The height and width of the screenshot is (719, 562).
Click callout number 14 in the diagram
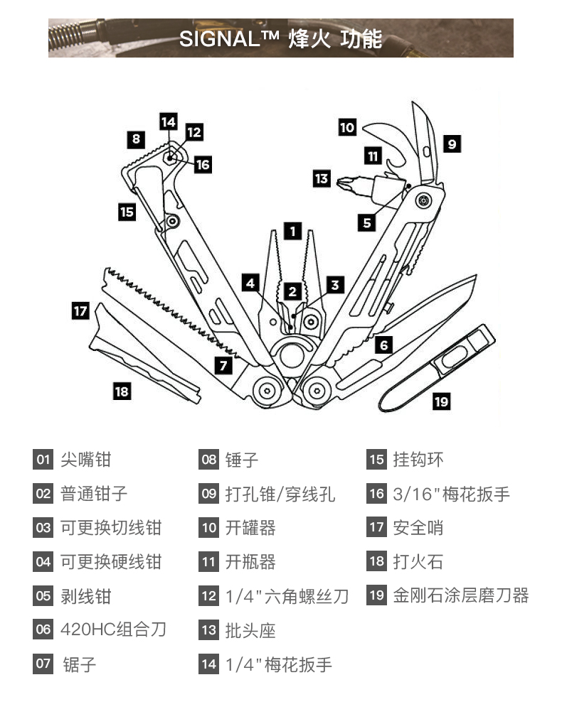pos(168,121)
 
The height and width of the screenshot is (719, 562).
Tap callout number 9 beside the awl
pos(452,144)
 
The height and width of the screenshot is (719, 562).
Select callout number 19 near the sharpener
pos(441,401)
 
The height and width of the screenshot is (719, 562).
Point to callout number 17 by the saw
pos(80,310)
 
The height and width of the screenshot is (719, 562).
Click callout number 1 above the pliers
pos(292,230)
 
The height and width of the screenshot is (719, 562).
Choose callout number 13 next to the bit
pos(322,178)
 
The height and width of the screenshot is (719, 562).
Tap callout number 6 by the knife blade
pos(384,346)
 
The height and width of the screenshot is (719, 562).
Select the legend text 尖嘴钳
pos(86,459)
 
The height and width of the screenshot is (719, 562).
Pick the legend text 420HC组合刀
pos(113,629)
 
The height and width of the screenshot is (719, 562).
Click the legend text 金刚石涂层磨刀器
pos(461,595)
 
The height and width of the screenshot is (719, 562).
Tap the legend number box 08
pos(208,459)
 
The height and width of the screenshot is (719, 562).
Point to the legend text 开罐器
pos(250,527)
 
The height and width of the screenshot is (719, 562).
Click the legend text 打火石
pos(418,561)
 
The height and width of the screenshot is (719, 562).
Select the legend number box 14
pos(208,664)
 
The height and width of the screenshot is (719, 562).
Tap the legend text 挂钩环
pos(418,459)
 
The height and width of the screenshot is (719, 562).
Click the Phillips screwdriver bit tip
pos(346,178)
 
